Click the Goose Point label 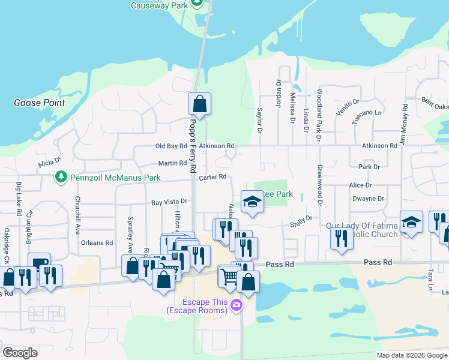pos(39,103)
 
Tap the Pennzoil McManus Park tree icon pos(60,177)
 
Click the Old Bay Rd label pos(171,146)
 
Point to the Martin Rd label pos(172,163)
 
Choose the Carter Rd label pos(212,176)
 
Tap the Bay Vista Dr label pos(169,203)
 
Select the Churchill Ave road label pos(77,215)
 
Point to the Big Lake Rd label pos(19,199)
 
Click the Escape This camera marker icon pos(236,305)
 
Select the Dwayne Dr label pos(368,198)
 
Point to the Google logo pos(20,353)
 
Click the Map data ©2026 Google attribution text pos(411,355)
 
